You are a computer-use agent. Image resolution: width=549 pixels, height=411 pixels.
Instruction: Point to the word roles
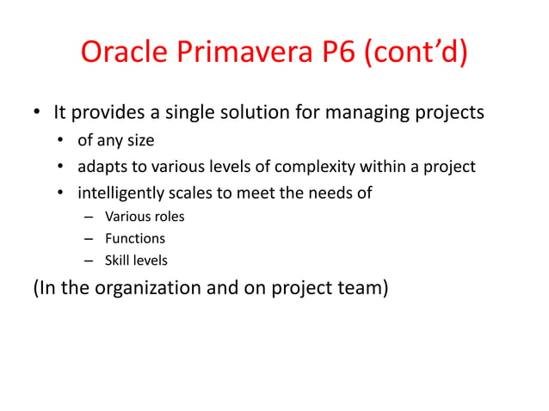tap(167, 217)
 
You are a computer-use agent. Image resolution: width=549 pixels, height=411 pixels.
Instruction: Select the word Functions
tap(135, 238)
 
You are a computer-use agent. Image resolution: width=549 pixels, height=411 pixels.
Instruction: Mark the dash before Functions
tap(88, 239)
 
